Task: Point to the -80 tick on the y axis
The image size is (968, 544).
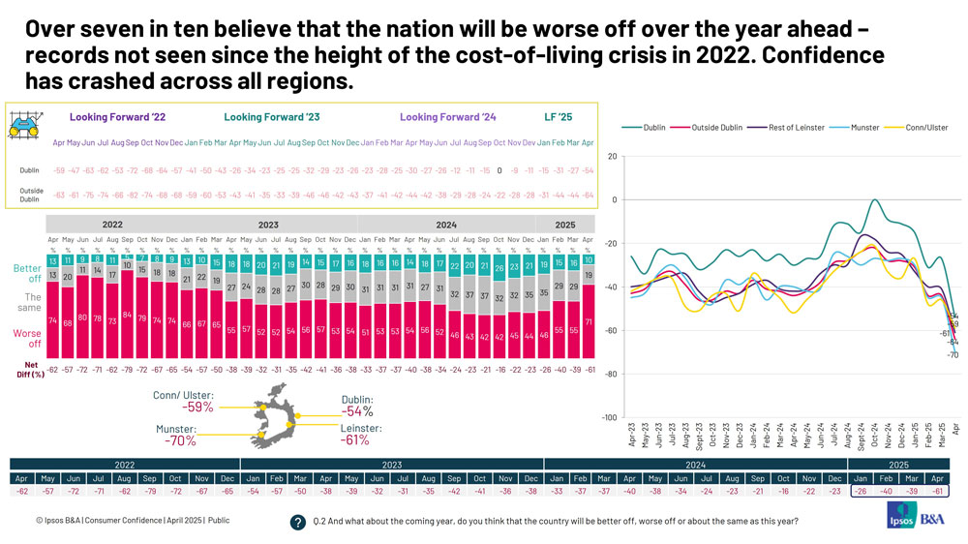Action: coord(611,374)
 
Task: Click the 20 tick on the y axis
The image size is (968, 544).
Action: coord(613,157)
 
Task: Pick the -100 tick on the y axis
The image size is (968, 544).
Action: coord(609,417)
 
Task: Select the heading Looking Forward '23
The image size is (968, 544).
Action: coord(272,117)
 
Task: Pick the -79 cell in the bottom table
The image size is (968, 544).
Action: coord(149,492)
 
